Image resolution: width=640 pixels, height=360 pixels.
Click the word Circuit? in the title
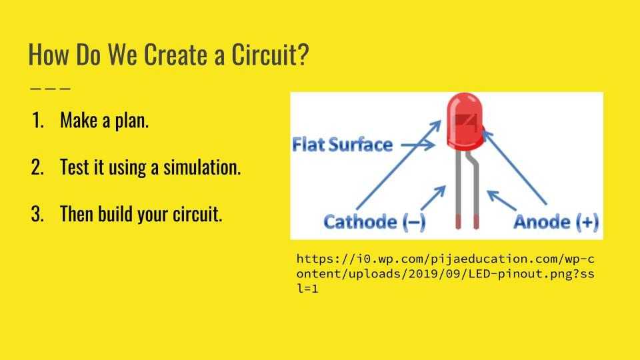click(270, 55)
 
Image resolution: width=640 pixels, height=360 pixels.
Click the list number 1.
click(37, 121)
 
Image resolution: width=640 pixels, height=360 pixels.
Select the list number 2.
click(37, 167)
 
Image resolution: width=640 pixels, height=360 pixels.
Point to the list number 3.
click(37, 215)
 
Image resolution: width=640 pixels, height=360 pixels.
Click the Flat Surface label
click(342, 144)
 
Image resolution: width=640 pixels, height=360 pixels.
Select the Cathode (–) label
click(374, 221)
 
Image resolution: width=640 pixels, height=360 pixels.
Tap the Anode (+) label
click(556, 221)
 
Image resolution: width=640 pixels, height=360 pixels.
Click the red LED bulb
click(465, 122)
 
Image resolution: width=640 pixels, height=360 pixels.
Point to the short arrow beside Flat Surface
click(417, 144)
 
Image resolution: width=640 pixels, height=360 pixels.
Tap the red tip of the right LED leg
click(476, 222)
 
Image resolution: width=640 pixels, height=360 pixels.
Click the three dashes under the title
click(50, 87)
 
